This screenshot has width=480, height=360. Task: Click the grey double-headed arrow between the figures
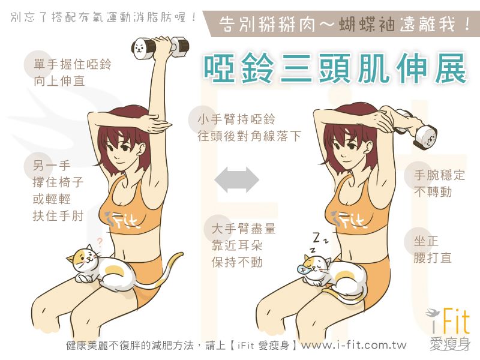pyautogui.click(x=237, y=179)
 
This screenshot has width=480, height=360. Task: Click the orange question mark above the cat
pyautogui.click(x=99, y=242)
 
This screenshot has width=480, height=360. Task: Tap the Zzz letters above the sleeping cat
pyautogui.click(x=319, y=241)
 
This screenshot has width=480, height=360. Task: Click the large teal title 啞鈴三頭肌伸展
pyautogui.click(x=335, y=68)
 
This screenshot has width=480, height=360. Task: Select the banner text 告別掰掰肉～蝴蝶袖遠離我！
pyautogui.click(x=344, y=24)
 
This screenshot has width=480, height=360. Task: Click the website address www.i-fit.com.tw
pyautogui.click(x=354, y=346)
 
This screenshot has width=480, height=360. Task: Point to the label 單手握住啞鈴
pyautogui.click(x=73, y=64)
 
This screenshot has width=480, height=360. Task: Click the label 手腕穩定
pyautogui.click(x=439, y=175)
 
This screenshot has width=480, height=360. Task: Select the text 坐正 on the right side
pyautogui.click(x=426, y=241)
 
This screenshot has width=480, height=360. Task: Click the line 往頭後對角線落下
pyautogui.click(x=249, y=136)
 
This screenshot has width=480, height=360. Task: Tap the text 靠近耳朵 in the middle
pyautogui.click(x=237, y=245)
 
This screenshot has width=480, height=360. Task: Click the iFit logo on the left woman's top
pyautogui.click(x=122, y=220)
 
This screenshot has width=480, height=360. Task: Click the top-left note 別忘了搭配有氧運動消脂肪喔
pyautogui.click(x=103, y=17)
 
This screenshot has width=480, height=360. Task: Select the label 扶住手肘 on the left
pyautogui.click(x=58, y=215)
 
